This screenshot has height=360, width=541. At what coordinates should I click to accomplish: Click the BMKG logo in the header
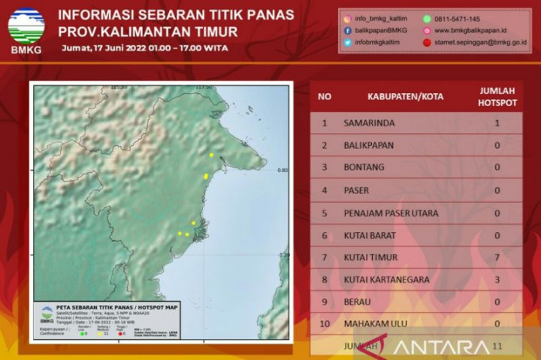(26, 30)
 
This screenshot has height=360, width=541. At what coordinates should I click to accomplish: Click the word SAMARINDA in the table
(369, 123)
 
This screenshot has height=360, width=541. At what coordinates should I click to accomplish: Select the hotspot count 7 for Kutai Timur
(497, 257)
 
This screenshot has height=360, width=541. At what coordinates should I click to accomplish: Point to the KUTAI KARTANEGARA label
(386, 280)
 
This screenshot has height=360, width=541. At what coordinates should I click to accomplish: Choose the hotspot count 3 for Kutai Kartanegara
(497, 280)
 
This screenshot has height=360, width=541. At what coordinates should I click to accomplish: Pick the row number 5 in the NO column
(325, 213)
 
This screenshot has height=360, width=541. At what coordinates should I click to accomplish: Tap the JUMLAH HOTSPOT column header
(497, 97)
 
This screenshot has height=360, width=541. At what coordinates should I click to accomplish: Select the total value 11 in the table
(497, 347)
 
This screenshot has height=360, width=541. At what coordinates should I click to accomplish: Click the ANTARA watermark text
(440, 346)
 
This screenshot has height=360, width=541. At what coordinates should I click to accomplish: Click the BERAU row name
(359, 302)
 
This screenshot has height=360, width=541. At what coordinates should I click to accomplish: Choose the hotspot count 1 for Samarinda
(497, 123)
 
